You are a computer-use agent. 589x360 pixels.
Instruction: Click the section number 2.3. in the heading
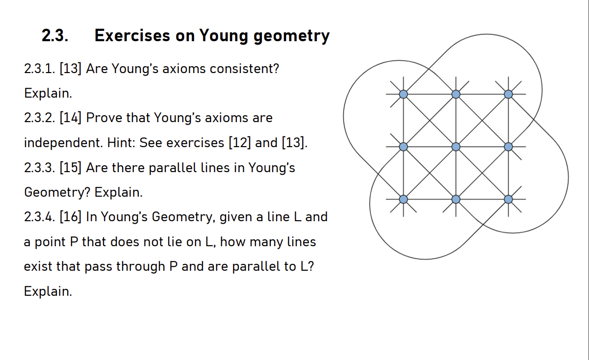(54, 36)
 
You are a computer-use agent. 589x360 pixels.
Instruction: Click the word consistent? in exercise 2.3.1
(244, 69)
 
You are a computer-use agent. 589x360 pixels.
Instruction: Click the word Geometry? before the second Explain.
(57, 193)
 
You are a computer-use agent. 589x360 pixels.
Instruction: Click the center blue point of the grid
(456, 147)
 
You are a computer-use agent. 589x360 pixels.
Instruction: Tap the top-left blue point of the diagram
(403, 94)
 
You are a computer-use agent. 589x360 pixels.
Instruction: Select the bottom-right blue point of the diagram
(508, 199)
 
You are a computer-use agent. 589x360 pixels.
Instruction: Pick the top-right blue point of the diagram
(508, 94)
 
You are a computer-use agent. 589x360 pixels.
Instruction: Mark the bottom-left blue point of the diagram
(403, 199)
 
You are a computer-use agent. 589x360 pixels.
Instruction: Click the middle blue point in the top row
(456, 94)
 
